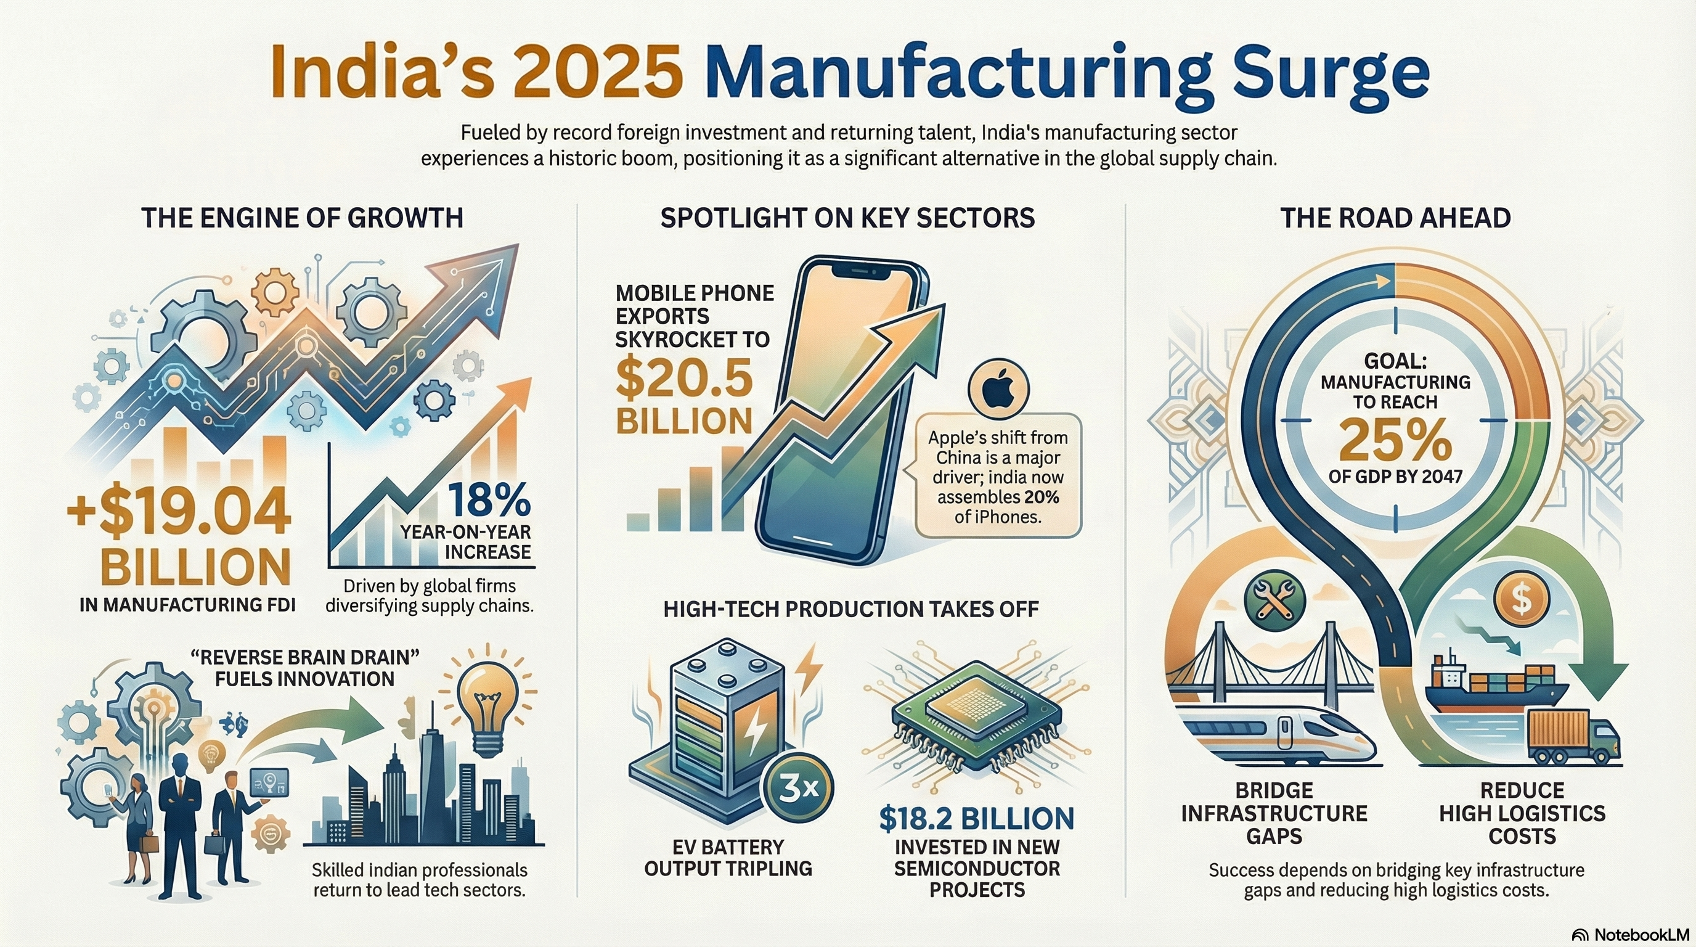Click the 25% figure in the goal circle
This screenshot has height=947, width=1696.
1395,441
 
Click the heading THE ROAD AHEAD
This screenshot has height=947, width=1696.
1395,218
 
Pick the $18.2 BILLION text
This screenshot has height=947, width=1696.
976,819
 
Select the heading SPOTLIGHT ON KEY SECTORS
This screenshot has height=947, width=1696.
847,218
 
